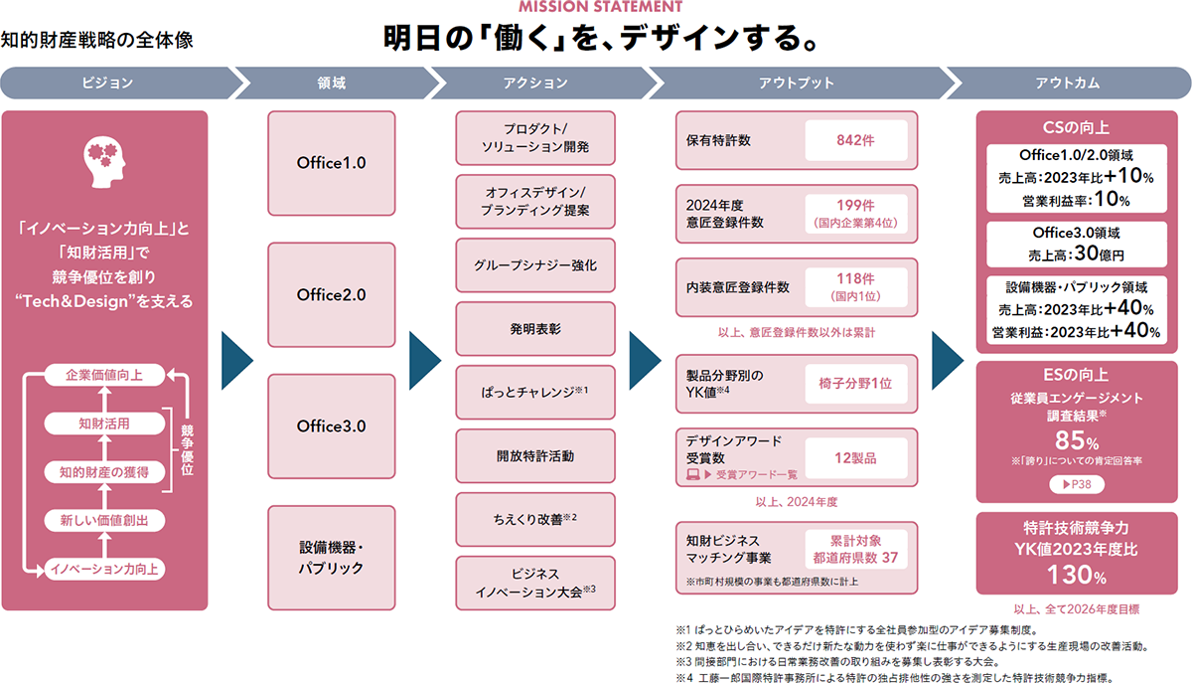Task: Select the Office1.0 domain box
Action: click(x=331, y=162)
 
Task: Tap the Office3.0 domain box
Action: click(x=331, y=426)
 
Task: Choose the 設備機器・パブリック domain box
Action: click(x=331, y=558)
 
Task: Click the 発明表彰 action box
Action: click(x=535, y=327)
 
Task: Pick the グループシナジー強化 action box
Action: click(x=535, y=266)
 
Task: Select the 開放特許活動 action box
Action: click(x=535, y=456)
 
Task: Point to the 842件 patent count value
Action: click(x=855, y=140)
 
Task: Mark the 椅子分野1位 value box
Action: click(x=855, y=382)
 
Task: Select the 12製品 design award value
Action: click(x=855, y=457)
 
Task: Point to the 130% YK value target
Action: click(x=1077, y=575)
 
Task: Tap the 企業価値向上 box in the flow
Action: click(x=103, y=376)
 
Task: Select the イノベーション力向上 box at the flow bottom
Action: click(x=103, y=570)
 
